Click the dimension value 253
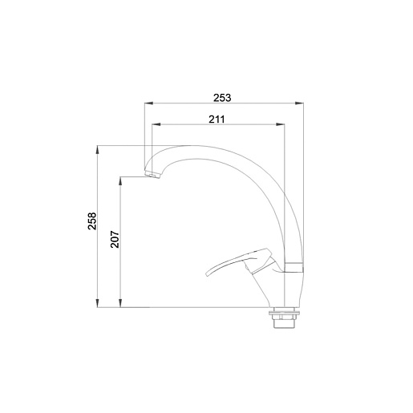[x=222, y=98]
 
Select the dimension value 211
[x=217, y=119]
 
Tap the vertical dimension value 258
[x=92, y=221]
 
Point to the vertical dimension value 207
[x=115, y=239]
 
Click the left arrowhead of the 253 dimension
[x=148, y=103]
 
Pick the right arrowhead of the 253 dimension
[x=299, y=103]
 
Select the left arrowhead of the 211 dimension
[x=156, y=124]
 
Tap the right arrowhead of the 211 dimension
[x=281, y=124]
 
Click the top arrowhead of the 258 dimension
[x=98, y=150]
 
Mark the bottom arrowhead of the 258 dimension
[x=98, y=303]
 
